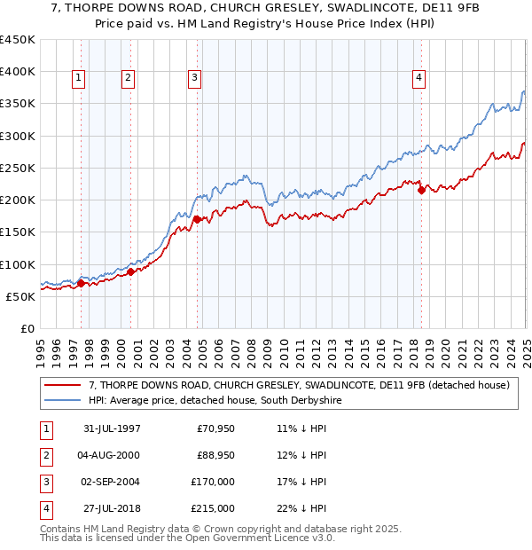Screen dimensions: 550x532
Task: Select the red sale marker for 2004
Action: pyautogui.click(x=197, y=216)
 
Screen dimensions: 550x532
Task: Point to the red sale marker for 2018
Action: pyautogui.click(x=421, y=190)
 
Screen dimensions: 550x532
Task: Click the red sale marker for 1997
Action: pyautogui.click(x=81, y=284)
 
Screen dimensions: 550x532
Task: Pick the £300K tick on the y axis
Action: pyautogui.click(x=21, y=136)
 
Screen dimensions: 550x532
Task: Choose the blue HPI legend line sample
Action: pyautogui.click(x=64, y=401)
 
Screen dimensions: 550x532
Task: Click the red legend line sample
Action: pyautogui.click(x=64, y=385)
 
